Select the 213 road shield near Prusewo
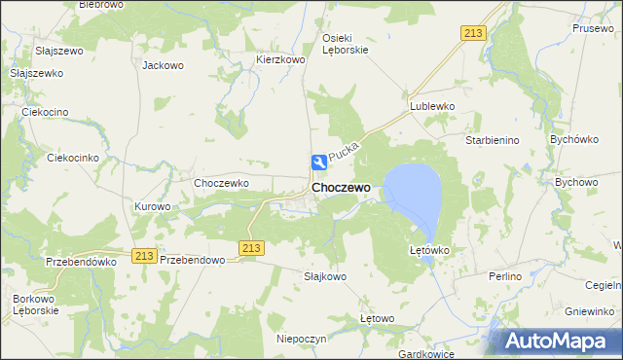[473, 33]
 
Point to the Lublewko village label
[432, 106]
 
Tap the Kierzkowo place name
[280, 59]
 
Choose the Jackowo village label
[163, 66]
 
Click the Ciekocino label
[45, 112]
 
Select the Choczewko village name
[222, 183]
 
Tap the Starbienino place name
[493, 140]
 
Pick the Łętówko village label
[428, 250]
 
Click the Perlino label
[505, 277]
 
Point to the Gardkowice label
[428, 354]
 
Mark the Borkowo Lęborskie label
[36, 304]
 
